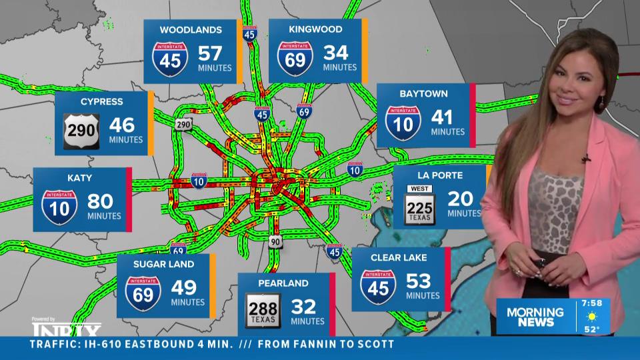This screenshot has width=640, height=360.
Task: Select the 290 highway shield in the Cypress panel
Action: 81,126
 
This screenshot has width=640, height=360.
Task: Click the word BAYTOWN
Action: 423,94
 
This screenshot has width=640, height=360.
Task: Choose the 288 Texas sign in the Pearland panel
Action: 263,309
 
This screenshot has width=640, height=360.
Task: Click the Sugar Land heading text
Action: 163,264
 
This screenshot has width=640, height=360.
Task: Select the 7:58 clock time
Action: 592,303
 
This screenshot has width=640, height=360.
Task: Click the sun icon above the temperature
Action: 592,315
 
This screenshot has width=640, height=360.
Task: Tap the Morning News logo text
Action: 535,317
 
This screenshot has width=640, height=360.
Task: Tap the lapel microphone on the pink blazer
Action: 585,159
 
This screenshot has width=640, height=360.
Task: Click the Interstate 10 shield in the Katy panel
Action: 59,206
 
